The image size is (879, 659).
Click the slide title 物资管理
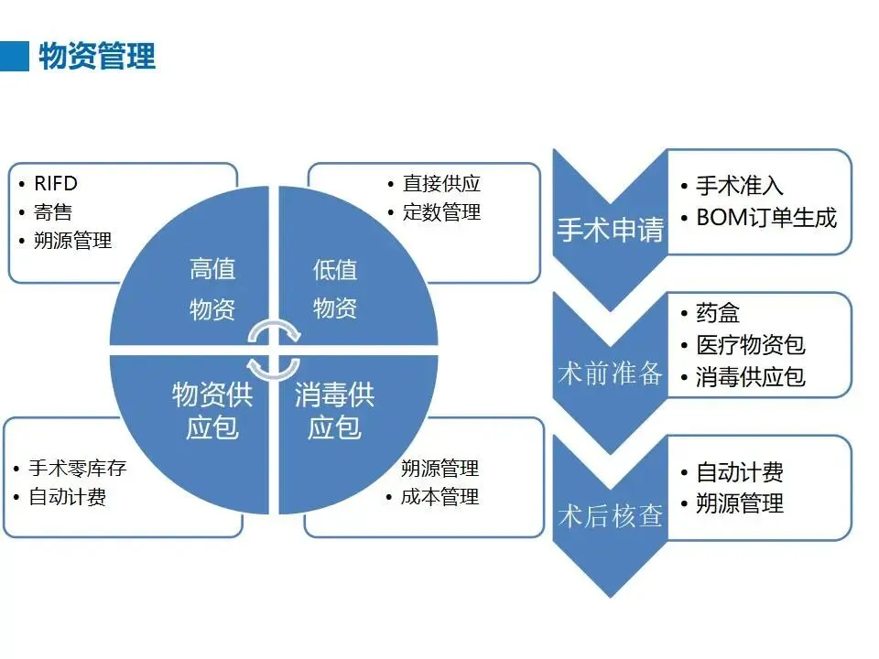[x=96, y=56]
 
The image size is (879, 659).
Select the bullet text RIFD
[x=56, y=184]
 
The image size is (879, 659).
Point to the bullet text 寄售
[x=53, y=212]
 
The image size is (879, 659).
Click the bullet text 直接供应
[x=441, y=184]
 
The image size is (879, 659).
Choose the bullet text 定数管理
[x=441, y=212]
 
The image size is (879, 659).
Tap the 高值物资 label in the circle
[x=212, y=288]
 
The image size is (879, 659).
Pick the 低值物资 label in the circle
[x=335, y=288]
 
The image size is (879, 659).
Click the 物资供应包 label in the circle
[x=212, y=411]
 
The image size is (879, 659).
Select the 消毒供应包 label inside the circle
[x=334, y=411]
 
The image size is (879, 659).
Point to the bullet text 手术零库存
[x=77, y=469]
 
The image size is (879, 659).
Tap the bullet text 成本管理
[x=439, y=497]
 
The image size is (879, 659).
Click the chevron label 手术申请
[x=610, y=229]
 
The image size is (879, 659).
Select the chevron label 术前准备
[x=610, y=373]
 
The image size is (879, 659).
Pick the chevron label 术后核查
[x=610, y=515]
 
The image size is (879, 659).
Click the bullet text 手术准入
[x=740, y=186]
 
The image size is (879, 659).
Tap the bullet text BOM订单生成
[x=766, y=218]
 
